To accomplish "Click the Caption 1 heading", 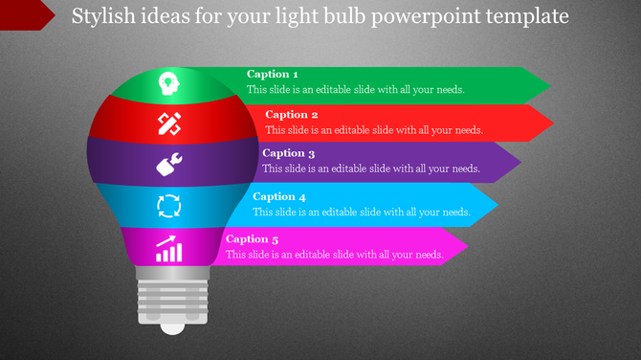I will pos(273,74).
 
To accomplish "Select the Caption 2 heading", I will pos(292,115).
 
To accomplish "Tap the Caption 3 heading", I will pos(288,153).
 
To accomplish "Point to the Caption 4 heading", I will pos(279,196).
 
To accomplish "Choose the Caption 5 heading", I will pos(253,239).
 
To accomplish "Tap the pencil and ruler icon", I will pos(169,124).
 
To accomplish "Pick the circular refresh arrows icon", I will pos(168,205).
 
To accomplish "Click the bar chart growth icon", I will pos(169,248).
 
